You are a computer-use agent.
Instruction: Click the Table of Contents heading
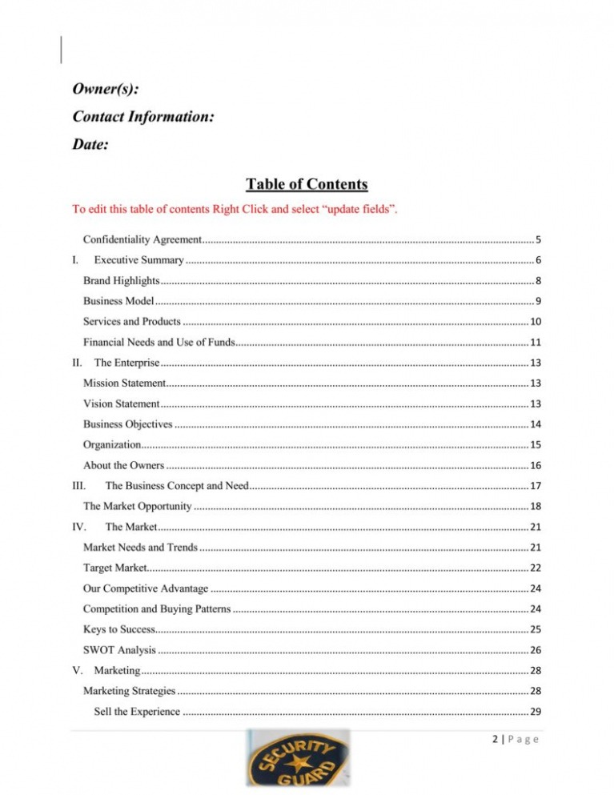[x=307, y=185]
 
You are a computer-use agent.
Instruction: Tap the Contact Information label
[x=142, y=117]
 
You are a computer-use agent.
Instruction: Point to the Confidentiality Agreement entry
[x=142, y=239]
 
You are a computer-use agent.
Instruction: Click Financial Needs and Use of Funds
[x=159, y=343]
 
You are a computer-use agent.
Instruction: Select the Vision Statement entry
[x=121, y=404]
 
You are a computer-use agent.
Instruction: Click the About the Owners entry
[x=123, y=465]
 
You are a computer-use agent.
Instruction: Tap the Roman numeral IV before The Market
[x=78, y=526]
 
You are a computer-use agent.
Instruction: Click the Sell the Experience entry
[x=137, y=711]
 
